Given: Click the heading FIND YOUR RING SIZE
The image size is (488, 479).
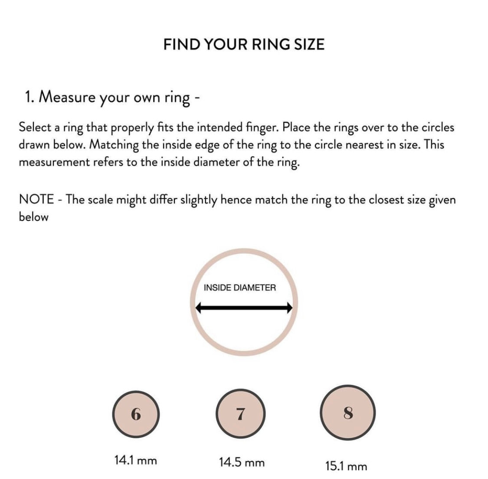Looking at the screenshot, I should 244,45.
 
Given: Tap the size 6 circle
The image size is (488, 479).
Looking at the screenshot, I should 136,414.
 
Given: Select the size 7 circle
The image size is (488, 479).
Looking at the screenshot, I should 240,414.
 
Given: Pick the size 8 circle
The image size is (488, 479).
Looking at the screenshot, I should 347,413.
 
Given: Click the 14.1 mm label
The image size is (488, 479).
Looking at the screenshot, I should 135,460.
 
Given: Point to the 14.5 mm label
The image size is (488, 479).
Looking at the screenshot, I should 242,462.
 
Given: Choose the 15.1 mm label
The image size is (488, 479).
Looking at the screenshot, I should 346,466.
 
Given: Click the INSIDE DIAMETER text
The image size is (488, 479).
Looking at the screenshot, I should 239,287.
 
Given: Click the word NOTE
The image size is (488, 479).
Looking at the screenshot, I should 36,199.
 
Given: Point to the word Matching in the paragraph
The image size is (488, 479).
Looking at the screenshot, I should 114,145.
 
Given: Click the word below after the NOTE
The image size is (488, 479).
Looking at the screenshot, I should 33,217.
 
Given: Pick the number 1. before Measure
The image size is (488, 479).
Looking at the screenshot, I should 29,97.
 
